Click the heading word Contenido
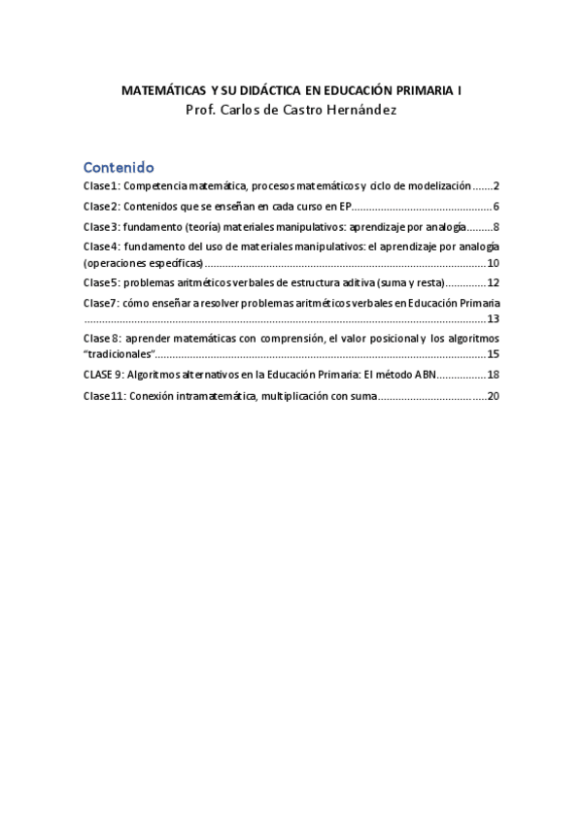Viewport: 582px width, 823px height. [x=118, y=166]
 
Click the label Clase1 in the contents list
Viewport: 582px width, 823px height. [x=100, y=185]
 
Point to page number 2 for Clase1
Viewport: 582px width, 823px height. [x=496, y=185]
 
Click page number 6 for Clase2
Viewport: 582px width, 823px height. [x=496, y=207]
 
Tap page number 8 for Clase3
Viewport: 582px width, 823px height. [x=496, y=227]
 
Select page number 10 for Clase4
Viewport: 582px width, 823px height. [x=493, y=263]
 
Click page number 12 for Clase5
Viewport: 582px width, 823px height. [x=493, y=283]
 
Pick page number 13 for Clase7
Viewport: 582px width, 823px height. [x=493, y=318]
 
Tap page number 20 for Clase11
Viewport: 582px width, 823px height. [x=493, y=395]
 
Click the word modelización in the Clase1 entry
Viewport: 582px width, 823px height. [x=437, y=185]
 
